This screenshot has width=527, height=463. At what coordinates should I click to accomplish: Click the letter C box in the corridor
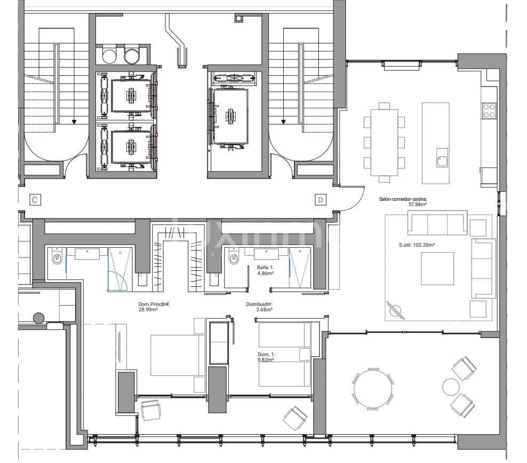coord(34,200)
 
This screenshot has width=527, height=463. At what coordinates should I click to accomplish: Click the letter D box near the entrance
coord(320,200)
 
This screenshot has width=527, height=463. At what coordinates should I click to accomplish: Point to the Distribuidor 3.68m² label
coord(259,307)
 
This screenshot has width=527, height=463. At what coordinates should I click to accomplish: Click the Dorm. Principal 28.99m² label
coord(154,307)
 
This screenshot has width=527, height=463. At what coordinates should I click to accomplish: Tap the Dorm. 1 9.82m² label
coord(266,357)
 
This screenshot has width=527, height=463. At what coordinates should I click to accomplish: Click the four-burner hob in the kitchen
coord(489,111)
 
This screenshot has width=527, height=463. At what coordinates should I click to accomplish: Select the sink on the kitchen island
coord(442,159)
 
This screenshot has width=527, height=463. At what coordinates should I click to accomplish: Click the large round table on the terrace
coord(373,389)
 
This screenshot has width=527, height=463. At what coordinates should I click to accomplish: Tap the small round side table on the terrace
coord(451,386)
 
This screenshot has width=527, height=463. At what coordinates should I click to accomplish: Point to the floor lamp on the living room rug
coord(396,309)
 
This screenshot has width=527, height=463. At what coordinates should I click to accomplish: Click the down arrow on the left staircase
coord(74,121)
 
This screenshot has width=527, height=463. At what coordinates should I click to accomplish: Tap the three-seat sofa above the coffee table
coord(437,223)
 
